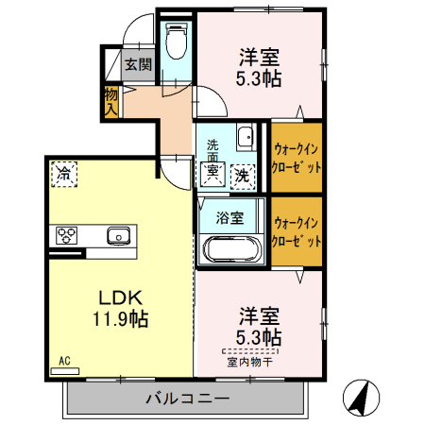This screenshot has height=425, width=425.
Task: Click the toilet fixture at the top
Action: (x=176, y=41)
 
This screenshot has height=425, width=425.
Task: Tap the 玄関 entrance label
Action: (x=138, y=65)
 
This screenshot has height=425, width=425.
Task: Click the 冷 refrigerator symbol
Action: (x=64, y=172)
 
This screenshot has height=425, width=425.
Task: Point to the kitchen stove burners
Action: (x=68, y=235)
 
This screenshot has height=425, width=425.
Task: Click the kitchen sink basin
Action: (x=119, y=235)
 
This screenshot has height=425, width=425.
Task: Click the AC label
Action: (x=65, y=360)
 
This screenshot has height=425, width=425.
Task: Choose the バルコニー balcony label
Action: (x=187, y=398)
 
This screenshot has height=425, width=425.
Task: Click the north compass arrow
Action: (x=358, y=396)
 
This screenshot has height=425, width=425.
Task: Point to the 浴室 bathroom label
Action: (x=230, y=216)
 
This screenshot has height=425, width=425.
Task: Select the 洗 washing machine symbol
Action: (x=243, y=174)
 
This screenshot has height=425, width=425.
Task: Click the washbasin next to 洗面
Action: (x=245, y=137)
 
